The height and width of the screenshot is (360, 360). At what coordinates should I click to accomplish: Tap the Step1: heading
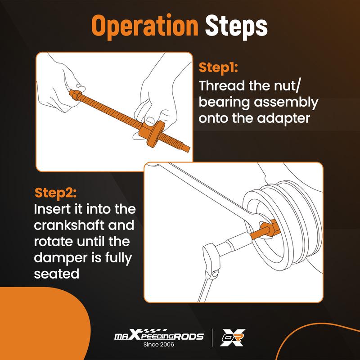[x=218, y=68]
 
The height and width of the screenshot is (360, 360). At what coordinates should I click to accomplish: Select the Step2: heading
[x=55, y=193]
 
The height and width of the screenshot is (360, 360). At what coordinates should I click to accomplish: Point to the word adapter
[x=283, y=119]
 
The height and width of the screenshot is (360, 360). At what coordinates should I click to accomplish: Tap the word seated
[x=57, y=274]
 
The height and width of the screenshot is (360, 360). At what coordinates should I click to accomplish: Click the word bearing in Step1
[x=224, y=103]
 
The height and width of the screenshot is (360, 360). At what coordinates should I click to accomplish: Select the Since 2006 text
[x=159, y=344]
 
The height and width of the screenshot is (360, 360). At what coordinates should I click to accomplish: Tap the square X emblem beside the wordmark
[x=232, y=337]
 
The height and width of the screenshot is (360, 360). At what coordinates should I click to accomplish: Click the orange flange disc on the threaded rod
[x=153, y=132]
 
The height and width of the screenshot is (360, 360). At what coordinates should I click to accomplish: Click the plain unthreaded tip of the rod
[x=186, y=148]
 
